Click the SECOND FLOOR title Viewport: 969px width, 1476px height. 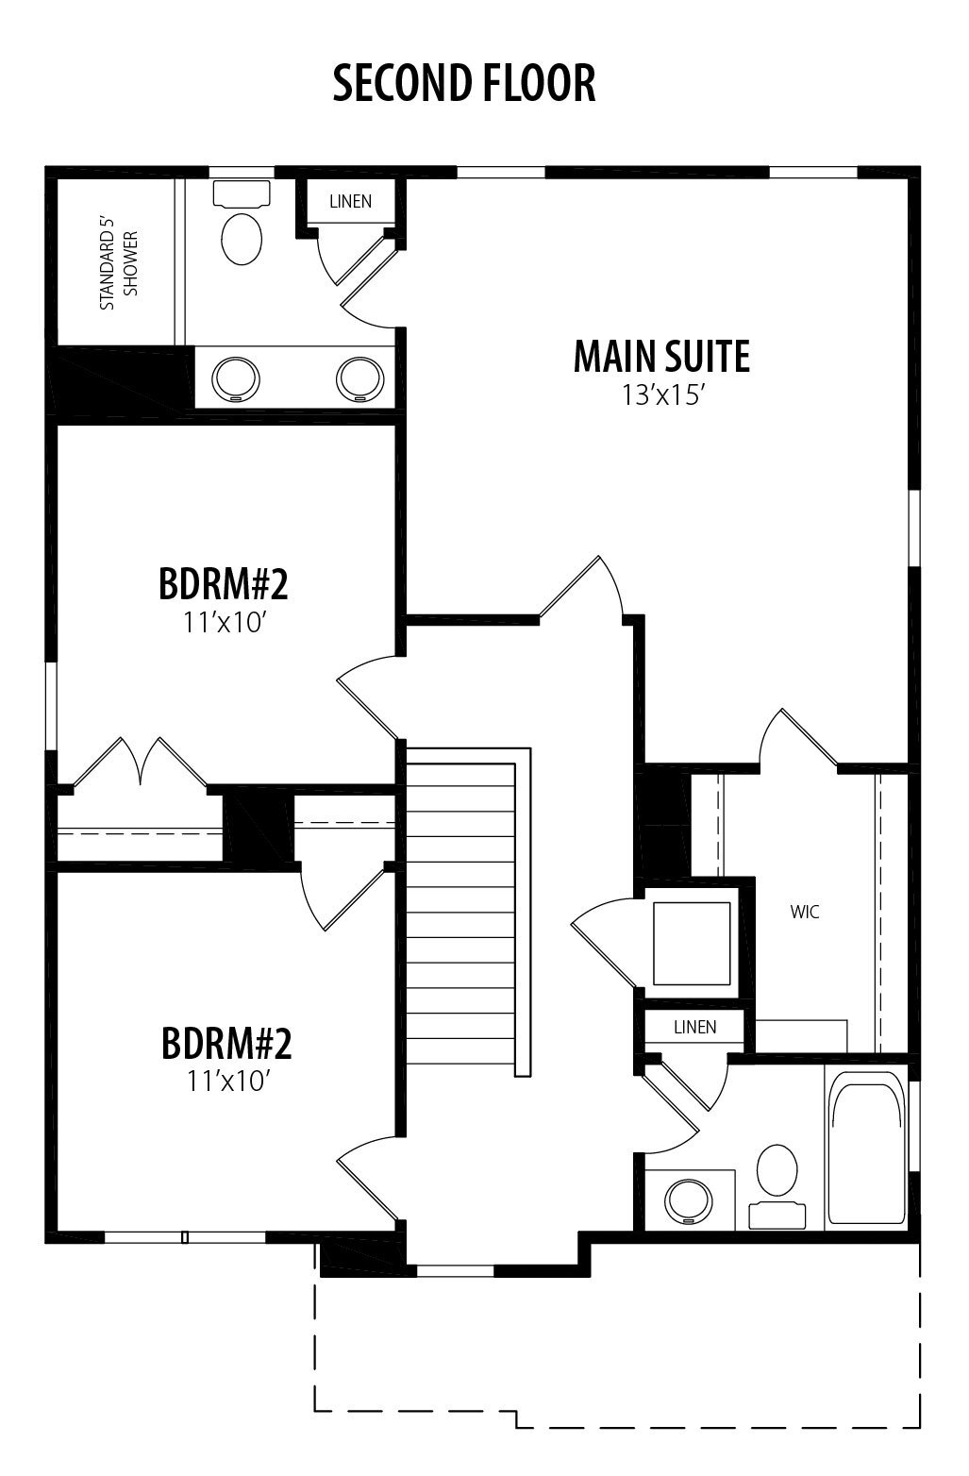point(464,84)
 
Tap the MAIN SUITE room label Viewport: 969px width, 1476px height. point(661,357)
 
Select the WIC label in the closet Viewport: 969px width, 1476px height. point(804,912)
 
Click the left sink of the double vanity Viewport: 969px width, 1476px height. point(235,379)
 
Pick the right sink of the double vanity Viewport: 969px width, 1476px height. point(359,379)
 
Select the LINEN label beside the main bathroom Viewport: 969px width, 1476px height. point(350,201)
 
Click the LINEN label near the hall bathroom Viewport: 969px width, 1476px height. point(695,1028)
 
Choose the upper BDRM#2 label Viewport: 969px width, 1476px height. point(224,584)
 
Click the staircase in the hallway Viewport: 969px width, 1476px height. point(468,912)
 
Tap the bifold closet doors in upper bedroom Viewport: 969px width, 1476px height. point(141,762)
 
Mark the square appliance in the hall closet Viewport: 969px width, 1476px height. point(692,944)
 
